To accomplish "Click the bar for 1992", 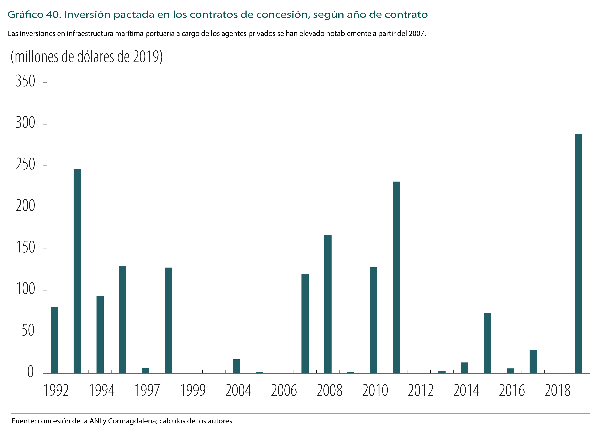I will (54, 340).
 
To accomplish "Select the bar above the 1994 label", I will (100, 335).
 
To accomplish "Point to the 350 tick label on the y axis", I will (25, 81).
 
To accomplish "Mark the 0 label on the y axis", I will (31, 372).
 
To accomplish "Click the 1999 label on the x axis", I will (193, 391).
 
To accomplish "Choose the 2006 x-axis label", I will (284, 391).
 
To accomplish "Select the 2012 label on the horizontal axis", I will (420, 391).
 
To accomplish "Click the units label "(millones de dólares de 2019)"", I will (87, 57).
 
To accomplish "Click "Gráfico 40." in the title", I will (34, 15).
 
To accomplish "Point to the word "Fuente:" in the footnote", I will (24, 421).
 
